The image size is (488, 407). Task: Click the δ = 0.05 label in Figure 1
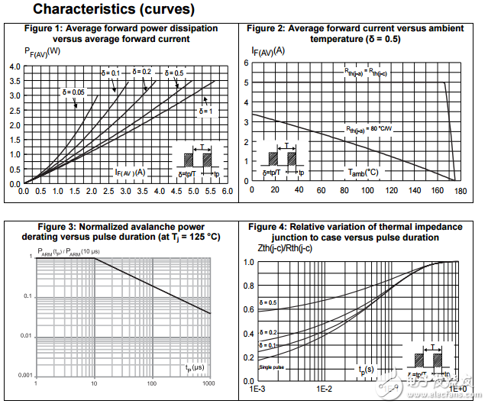click(x=74, y=92)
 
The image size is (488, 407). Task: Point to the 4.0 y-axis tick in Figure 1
click(x=15, y=67)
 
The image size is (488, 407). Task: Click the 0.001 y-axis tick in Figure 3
click(x=21, y=376)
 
